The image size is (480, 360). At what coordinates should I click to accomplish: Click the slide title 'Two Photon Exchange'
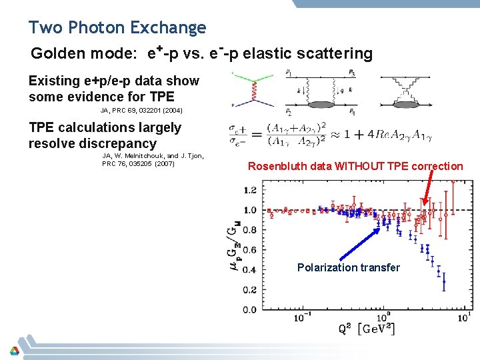coord(117,28)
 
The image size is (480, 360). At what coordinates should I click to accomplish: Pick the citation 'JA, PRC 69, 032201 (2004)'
coord(141,111)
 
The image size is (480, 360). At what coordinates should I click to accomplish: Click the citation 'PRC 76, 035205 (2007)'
coord(137,164)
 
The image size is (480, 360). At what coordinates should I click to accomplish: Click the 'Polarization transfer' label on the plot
coord(349,267)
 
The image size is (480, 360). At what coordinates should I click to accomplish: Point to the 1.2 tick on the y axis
coord(249,190)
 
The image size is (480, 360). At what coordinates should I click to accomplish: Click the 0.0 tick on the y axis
coord(249,310)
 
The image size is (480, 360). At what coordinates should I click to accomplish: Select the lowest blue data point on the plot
coord(444,281)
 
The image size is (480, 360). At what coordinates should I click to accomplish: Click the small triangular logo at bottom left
coord(14,351)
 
